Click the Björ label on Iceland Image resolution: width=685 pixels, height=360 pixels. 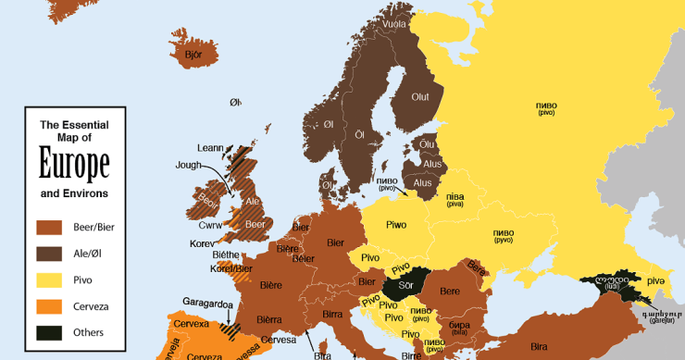pos(193,56)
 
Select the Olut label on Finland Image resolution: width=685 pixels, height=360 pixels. pos(420,97)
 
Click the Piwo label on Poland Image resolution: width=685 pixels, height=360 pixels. pos(396,225)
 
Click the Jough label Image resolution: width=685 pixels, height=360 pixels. pos(188,166)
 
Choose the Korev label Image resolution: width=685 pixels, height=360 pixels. pos(202,242)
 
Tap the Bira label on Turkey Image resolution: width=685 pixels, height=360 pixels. pos(539,344)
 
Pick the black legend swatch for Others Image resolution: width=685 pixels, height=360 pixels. pos(49,332)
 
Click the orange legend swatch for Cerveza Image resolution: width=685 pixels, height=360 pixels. pos(49,305)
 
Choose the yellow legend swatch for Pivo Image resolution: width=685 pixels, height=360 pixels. pos(49,279)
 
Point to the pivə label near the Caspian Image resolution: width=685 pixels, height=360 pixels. pos(655,279)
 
